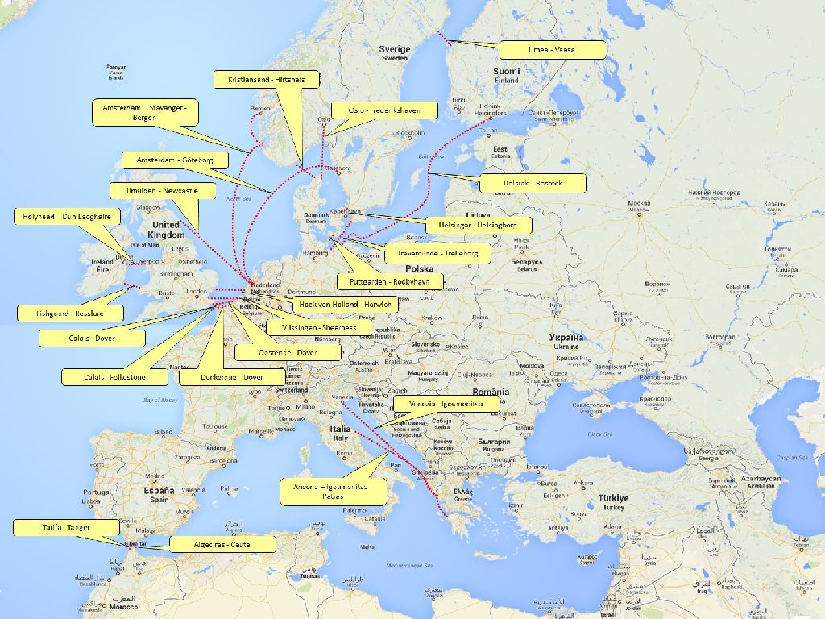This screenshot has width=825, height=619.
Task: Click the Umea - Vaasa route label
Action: (x=552, y=50)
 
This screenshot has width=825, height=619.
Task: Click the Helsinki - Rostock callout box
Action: (x=532, y=184)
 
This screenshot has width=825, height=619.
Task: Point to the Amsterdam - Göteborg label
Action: (x=174, y=160)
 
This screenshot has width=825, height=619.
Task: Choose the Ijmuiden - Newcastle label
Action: (x=161, y=191)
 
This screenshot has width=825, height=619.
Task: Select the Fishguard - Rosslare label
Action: (x=70, y=313)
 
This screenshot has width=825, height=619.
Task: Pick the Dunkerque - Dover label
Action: (x=232, y=376)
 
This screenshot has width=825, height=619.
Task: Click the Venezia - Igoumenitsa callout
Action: (x=446, y=403)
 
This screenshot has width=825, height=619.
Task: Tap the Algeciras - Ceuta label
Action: (x=222, y=545)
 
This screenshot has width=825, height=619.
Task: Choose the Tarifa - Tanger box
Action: (x=66, y=527)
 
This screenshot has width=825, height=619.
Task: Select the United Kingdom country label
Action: (x=166, y=229)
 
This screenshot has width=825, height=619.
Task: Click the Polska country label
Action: (x=420, y=268)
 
